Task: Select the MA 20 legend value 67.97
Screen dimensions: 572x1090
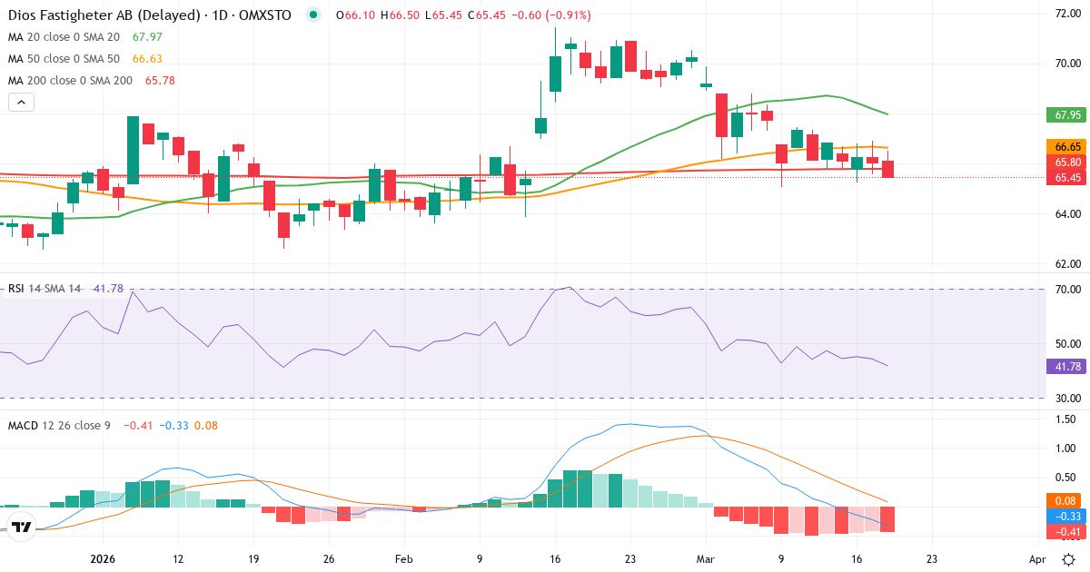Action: (x=147, y=37)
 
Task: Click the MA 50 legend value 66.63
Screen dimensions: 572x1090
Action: (x=148, y=59)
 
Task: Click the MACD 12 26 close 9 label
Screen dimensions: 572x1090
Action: (x=58, y=425)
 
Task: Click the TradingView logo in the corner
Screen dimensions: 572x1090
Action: (x=22, y=526)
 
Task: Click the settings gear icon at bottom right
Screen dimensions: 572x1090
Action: (x=1070, y=559)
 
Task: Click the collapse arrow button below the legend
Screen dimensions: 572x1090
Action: (x=21, y=103)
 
